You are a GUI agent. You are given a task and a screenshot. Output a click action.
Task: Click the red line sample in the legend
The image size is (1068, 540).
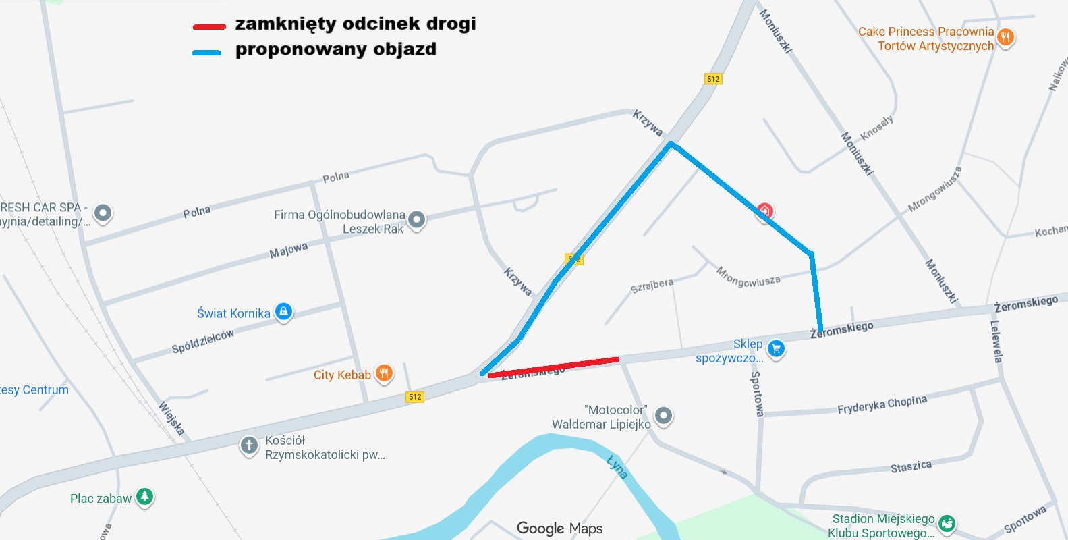coord(208,27)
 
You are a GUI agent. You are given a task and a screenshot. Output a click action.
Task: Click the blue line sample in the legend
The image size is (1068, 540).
coord(206,52)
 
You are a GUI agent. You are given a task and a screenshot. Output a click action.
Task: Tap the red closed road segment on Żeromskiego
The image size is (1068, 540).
coord(553,367)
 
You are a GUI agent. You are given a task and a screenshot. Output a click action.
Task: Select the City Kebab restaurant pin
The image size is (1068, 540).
coord(384,373)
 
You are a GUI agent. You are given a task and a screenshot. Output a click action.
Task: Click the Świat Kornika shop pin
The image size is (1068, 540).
coord(284,312)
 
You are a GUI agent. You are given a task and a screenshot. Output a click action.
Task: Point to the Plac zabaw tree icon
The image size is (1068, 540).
coord(144,497)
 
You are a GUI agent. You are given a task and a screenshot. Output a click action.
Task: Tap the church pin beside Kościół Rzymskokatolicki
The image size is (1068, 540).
coord(249,446)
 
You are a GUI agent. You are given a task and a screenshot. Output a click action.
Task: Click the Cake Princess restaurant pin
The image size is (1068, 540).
coord(1005,37)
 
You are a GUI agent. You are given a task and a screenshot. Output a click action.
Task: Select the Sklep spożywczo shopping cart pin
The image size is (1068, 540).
coord(776,349)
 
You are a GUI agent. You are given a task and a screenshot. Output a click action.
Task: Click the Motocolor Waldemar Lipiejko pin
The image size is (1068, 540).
coord(663,416)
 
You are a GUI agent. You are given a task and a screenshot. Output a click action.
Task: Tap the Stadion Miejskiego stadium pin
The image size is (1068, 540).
coord(947,523)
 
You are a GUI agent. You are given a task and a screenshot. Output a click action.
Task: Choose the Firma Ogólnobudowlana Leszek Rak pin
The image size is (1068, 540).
coord(416,219)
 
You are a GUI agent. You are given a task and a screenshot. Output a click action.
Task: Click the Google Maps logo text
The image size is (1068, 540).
coord(559,529)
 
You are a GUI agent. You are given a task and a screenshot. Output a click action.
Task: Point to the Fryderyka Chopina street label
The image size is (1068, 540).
coord(882,404)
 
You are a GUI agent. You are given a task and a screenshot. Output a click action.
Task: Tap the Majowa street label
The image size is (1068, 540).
coord(289,250)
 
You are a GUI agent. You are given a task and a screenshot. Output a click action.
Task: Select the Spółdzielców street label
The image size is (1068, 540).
coord(203,342)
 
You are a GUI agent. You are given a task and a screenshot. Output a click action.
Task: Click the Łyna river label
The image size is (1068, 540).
coord(617,466)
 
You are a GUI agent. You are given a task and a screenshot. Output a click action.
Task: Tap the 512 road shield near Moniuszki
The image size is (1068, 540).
coord(713,79)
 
